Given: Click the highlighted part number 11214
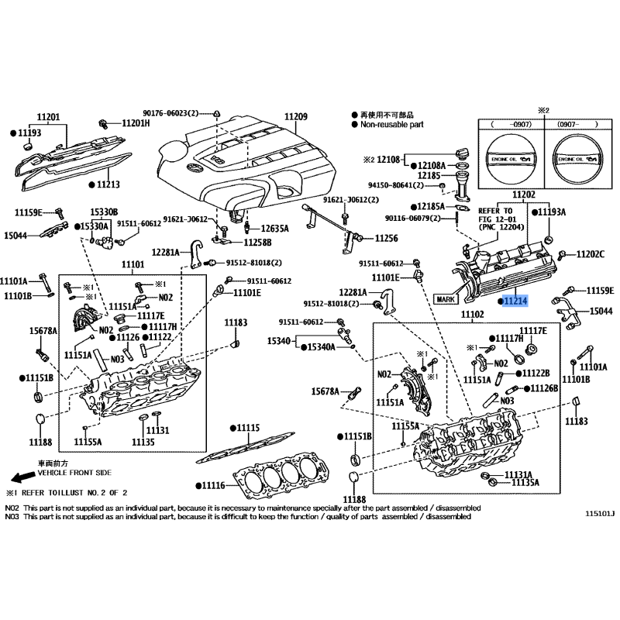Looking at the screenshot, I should click(x=515, y=300).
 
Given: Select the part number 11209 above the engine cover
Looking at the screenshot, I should click(x=295, y=117).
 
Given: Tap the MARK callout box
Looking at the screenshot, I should click(x=446, y=298).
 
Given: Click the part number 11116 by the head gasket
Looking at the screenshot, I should click(x=209, y=485).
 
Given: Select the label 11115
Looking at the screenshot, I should click(x=248, y=427).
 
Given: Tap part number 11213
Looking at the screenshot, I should click(x=108, y=185).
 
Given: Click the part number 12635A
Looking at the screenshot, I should click(x=274, y=229).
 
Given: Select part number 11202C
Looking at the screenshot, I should click(x=591, y=254).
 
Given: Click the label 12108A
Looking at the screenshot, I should click(x=432, y=165).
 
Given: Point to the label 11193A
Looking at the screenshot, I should click(x=552, y=211).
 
